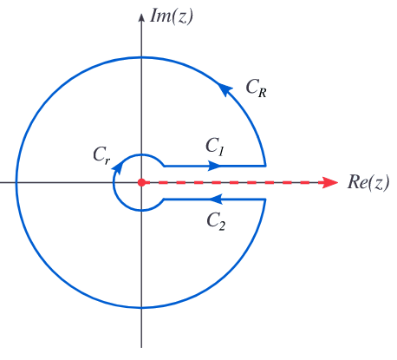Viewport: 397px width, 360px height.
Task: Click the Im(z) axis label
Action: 172,16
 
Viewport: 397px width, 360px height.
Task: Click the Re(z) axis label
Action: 368,183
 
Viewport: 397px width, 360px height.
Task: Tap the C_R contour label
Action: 256,88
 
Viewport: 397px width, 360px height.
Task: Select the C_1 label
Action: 215,147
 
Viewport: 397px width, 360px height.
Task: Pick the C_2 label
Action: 216,221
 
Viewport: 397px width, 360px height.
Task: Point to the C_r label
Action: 101,155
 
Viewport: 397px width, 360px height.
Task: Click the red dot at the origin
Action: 141,182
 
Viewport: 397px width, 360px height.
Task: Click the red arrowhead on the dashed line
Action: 330,182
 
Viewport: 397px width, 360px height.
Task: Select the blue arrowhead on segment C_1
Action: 214,166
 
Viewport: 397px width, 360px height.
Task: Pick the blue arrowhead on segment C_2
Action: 215,199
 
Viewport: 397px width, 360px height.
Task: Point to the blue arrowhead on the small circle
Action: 118,167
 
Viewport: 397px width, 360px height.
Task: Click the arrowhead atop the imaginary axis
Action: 141,17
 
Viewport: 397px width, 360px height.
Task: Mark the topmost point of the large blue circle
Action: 141,57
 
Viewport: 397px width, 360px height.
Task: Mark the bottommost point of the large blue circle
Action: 141,307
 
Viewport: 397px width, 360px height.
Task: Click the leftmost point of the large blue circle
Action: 16,182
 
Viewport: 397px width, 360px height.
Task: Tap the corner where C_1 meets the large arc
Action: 265,166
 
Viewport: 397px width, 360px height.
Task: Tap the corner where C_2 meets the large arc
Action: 265,199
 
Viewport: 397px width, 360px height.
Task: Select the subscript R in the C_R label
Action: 263,93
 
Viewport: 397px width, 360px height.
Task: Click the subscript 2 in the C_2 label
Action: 222,226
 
